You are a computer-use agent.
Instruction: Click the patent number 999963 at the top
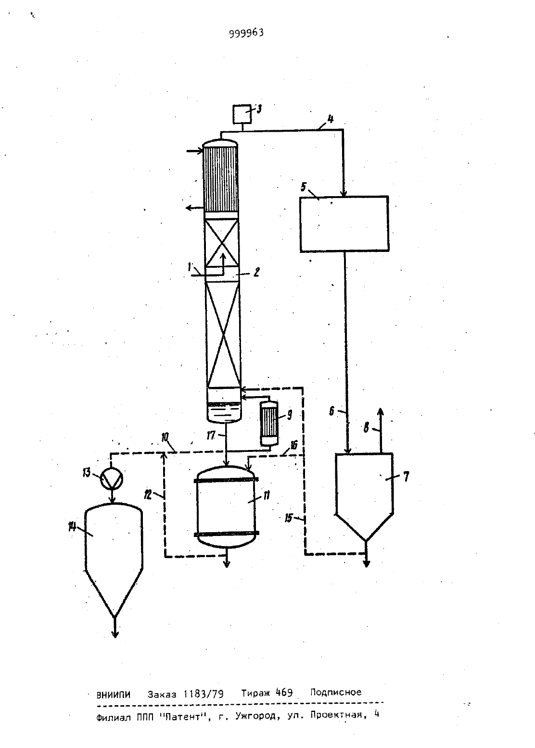(246, 33)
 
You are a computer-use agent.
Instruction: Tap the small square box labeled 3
(242, 114)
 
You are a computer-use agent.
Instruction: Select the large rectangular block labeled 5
(344, 224)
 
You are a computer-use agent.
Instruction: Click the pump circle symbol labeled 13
(112, 478)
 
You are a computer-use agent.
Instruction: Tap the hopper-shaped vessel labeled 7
(364, 497)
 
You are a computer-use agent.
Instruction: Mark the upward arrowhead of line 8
(380, 412)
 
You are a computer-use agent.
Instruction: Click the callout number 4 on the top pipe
(331, 119)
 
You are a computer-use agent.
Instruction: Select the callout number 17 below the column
(211, 436)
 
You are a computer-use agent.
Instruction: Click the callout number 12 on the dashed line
(148, 494)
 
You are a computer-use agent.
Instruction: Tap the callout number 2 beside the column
(256, 272)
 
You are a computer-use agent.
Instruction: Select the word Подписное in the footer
(336, 692)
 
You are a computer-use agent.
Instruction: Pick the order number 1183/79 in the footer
(204, 694)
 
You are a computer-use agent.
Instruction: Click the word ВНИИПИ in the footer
(113, 695)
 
